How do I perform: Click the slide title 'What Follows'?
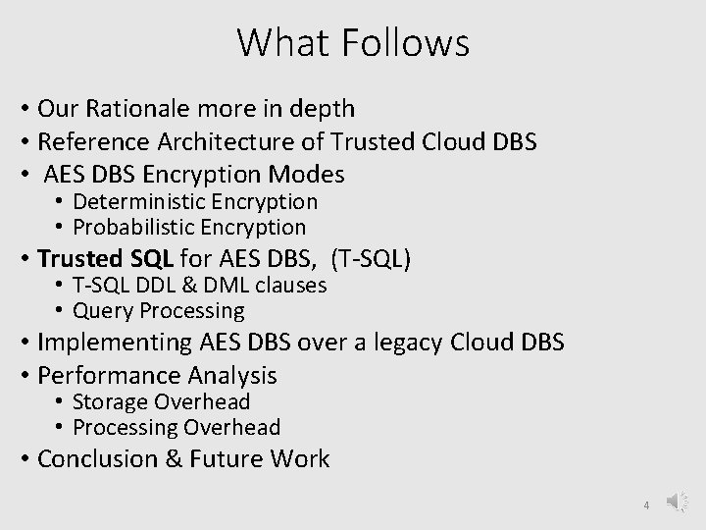353,42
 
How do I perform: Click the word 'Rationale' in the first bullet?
136,107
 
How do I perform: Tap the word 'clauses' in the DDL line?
291,286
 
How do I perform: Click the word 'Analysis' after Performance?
235,376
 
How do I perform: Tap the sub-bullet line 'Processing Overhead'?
176,428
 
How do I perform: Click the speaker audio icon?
678,502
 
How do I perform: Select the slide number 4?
646,505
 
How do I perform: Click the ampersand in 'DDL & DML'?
196,286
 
